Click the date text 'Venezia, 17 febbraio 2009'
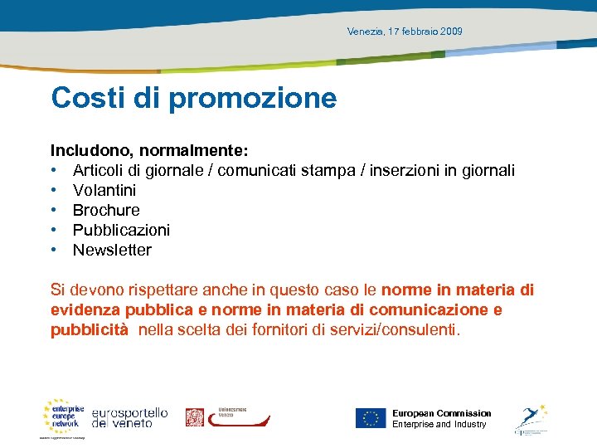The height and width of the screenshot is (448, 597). coord(405,32)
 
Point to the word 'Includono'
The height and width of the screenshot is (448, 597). coord(91,150)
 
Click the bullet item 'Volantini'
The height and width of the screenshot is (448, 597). coord(104,190)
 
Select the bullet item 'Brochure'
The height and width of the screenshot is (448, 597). coord(106,210)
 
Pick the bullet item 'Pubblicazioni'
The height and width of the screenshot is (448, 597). coord(121,230)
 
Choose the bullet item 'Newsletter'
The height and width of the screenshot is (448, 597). coord(112,250)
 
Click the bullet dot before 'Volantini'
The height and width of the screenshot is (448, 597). coord(54,190)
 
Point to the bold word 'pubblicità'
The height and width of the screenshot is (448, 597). coord(90,329)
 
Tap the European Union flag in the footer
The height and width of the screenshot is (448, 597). coord(371,418)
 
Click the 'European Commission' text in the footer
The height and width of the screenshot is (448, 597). coord(441,413)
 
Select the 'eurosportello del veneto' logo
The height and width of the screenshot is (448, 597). coord(129,417)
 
